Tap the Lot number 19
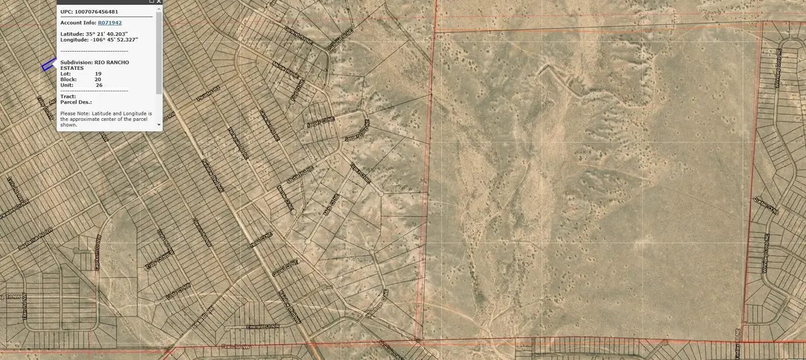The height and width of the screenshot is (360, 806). coord(98,73)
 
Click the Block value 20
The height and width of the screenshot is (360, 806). coord(98,79)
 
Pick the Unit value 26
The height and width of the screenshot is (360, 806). coord(99,85)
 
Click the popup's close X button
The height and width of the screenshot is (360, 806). coord(159,3)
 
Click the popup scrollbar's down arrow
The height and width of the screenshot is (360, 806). coord(159,125)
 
